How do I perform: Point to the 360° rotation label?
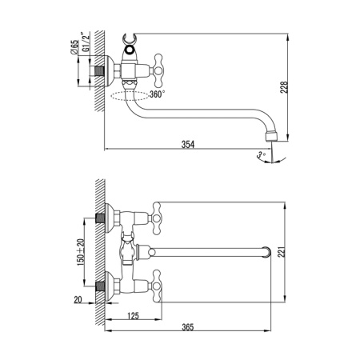coord(158,94)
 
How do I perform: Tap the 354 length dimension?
coord(188,144)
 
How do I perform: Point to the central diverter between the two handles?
coord(127,250)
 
